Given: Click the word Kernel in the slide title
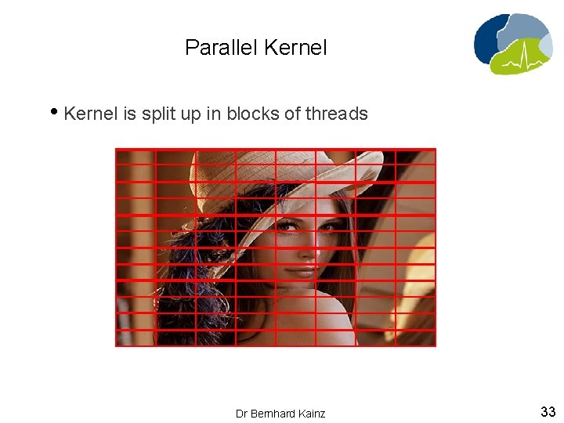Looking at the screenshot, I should click(x=295, y=48).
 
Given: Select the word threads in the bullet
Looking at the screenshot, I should click(x=336, y=114).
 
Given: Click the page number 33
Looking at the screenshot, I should click(x=548, y=411).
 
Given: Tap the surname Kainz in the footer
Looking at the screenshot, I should click(x=310, y=413).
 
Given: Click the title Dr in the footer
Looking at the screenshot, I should click(x=241, y=413).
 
